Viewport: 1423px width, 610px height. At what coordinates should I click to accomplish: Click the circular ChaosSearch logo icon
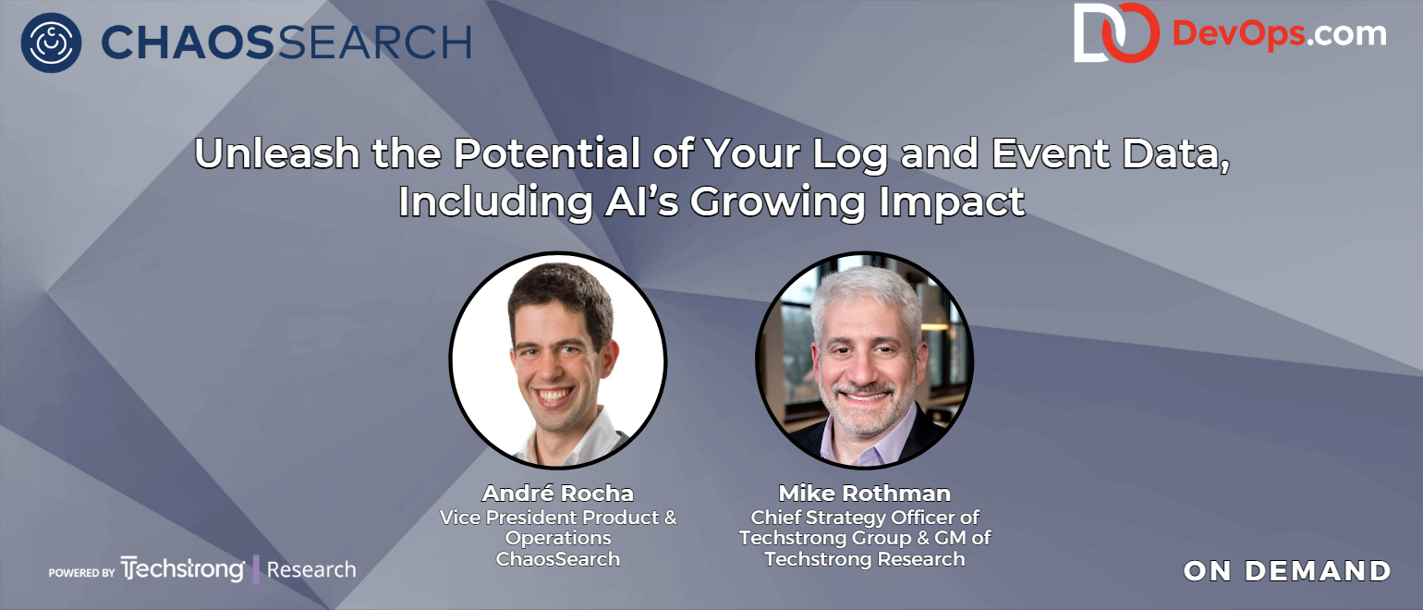51,43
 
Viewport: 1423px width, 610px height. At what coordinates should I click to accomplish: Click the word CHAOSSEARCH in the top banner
286,42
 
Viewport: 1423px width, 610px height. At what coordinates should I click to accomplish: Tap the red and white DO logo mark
1115,33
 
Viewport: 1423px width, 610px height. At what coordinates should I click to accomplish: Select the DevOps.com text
1279,33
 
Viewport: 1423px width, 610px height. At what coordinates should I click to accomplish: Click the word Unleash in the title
276,153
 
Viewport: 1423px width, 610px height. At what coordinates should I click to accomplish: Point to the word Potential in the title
546,153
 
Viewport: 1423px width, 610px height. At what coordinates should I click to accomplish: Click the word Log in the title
850,155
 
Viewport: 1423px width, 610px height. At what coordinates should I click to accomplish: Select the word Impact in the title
952,203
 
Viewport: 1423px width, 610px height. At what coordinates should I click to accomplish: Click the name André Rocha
558,494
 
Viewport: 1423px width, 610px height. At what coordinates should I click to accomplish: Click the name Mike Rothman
865,494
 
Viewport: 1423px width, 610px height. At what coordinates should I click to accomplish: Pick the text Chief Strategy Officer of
865,518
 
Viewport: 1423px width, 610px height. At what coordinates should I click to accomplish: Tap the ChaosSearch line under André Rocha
558,559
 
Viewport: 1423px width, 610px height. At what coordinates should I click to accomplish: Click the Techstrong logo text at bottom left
182,569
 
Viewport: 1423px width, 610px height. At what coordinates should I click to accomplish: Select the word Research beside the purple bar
311,570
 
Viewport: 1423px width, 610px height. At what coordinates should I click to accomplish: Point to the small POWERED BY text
82,572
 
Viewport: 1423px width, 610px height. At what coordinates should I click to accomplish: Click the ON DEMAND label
1287,571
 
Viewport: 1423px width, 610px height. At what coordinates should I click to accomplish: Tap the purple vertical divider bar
256,569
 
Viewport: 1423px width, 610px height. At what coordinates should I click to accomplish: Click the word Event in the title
1050,153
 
